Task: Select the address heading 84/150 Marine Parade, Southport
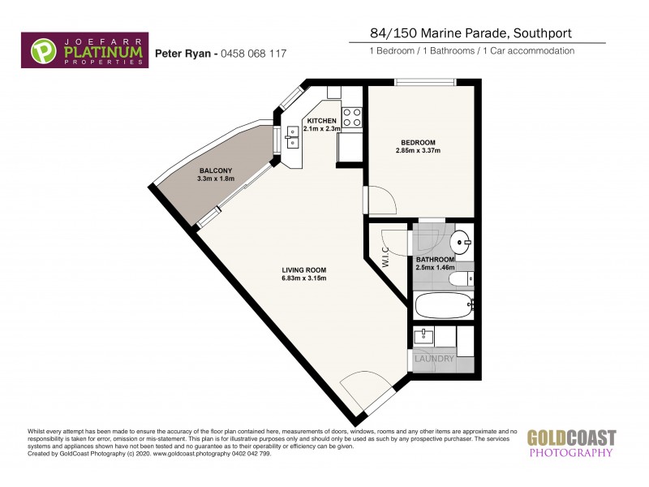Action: click(458, 33)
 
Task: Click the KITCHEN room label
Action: click(321, 121)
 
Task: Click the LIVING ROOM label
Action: click(304, 270)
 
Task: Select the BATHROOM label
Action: click(436, 260)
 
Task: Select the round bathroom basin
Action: click(462, 241)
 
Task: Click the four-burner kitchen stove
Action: click(351, 117)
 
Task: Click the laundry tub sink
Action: click(424, 337)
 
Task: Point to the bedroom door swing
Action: click(379, 200)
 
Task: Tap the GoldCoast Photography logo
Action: click(572, 443)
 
